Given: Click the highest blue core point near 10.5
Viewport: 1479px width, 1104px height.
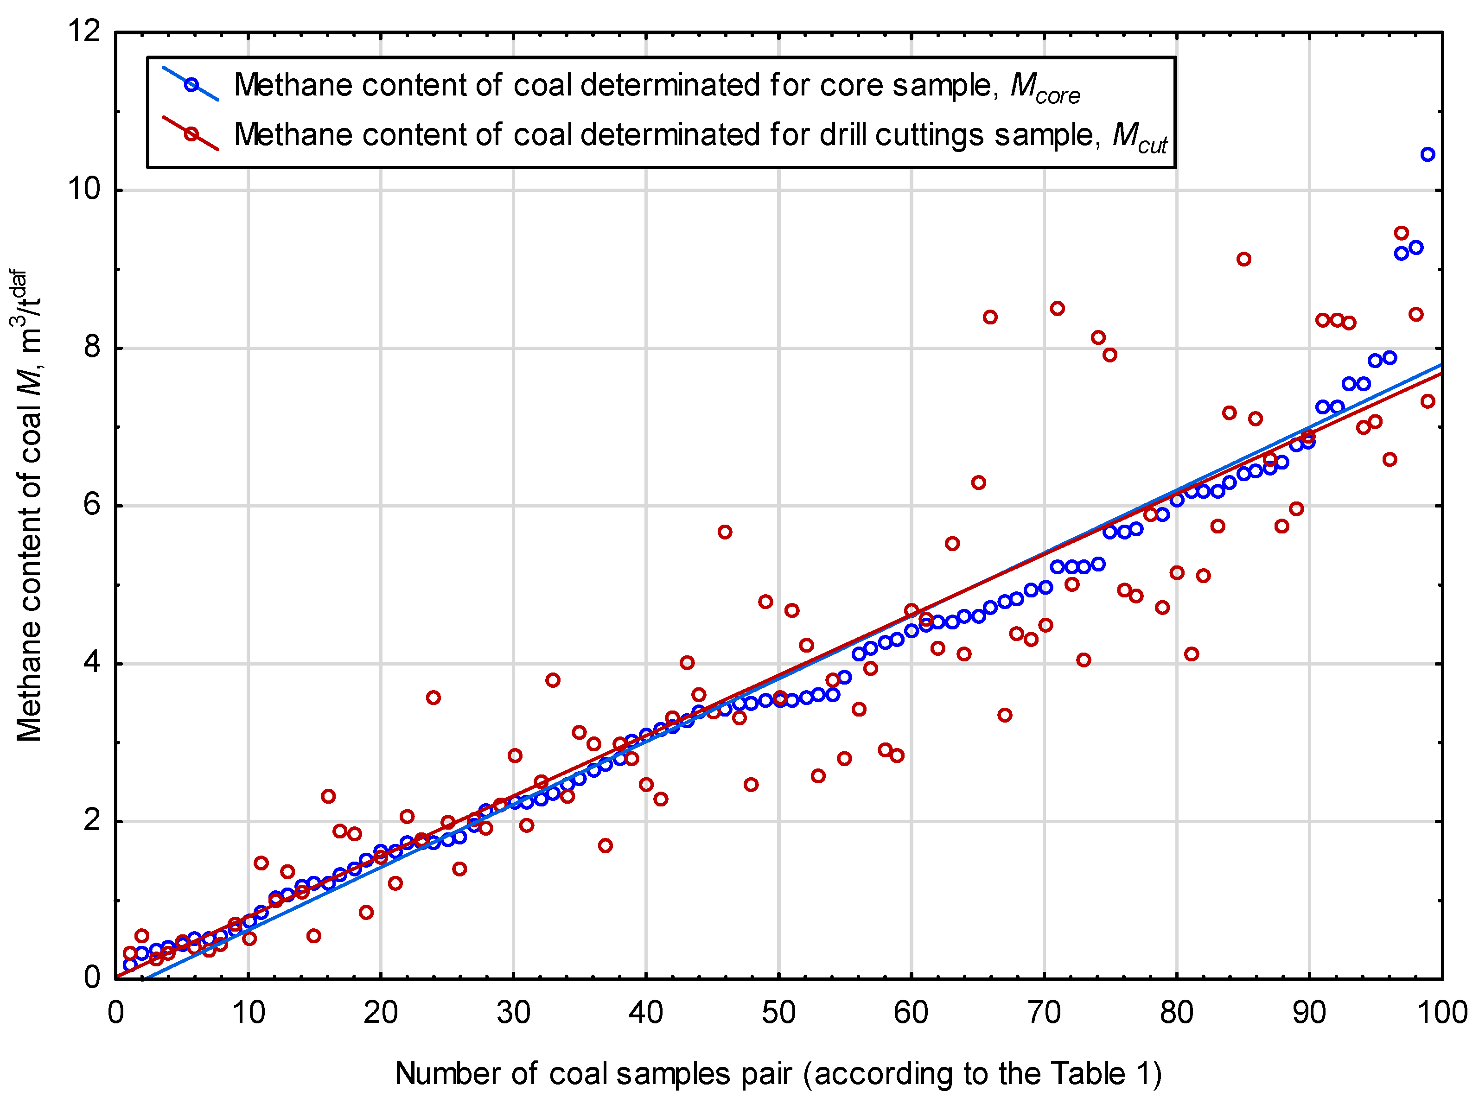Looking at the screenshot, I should click(x=1427, y=154).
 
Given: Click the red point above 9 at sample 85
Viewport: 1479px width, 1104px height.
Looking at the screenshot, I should click(x=1243, y=259).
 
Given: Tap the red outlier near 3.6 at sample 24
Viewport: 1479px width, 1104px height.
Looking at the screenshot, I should click(x=433, y=698).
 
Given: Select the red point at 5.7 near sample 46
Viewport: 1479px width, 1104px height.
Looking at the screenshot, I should click(x=725, y=532).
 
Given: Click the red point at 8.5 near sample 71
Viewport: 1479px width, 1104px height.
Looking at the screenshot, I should click(x=1057, y=308).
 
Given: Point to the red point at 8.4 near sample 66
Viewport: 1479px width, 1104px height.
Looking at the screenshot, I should click(x=990, y=317).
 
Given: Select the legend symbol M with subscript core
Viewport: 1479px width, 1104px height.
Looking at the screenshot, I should click(x=1044, y=87).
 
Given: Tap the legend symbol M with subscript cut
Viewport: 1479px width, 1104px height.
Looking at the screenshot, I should click(x=1138, y=137).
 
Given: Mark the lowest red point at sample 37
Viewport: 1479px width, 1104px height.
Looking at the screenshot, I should click(x=605, y=845).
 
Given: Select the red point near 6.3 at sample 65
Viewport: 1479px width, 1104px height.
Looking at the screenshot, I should click(x=978, y=482).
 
